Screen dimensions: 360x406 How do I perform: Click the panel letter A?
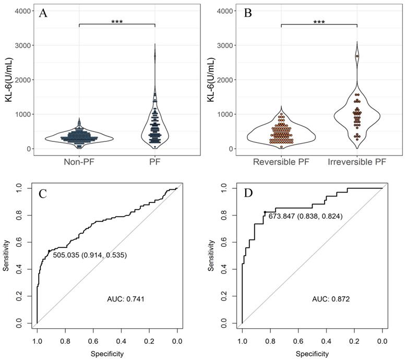point(43,14)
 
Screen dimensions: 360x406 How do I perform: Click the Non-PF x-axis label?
point(79,162)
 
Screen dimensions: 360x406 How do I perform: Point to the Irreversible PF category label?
point(357,162)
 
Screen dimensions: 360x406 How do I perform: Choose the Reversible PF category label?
point(281,162)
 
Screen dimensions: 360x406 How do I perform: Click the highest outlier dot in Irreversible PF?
point(357,56)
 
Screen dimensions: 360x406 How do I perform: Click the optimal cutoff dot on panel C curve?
point(49,251)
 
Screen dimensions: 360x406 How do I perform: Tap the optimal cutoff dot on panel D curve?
point(265,212)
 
